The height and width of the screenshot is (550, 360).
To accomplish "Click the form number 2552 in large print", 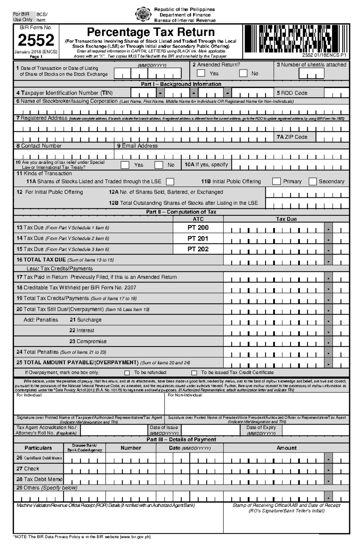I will click(x=36, y=40).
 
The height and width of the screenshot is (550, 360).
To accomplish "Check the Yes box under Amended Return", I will click(x=201, y=73).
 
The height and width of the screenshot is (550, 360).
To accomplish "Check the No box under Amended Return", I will click(x=243, y=73).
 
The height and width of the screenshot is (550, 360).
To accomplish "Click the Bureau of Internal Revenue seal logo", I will click(x=142, y=14).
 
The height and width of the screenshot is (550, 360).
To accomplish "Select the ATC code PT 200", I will click(x=198, y=227).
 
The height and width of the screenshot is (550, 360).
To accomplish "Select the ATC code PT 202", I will click(x=198, y=249).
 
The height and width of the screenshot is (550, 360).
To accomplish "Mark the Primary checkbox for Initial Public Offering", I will click(x=276, y=181).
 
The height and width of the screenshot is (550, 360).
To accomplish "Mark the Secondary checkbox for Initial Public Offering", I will click(x=313, y=181).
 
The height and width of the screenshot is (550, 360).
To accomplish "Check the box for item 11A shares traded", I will click(x=170, y=182).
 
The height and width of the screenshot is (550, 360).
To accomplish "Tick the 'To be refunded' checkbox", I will click(x=127, y=373).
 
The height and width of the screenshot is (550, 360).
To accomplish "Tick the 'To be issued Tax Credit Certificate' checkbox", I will click(x=194, y=373).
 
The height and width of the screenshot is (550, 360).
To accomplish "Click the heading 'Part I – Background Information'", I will click(x=181, y=84).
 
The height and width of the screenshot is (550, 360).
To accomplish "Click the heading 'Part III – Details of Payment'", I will click(x=181, y=439).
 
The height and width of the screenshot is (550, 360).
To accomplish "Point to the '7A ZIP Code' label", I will click(x=292, y=137).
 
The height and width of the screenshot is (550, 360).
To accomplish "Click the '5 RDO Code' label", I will click(x=292, y=93).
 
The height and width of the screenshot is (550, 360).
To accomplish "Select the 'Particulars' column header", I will click(x=38, y=448).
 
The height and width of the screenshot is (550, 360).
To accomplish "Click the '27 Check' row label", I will click(x=28, y=468).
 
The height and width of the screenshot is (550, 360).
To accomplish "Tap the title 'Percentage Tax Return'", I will click(x=151, y=32).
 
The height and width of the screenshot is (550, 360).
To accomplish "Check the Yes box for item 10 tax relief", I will click(x=125, y=165).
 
